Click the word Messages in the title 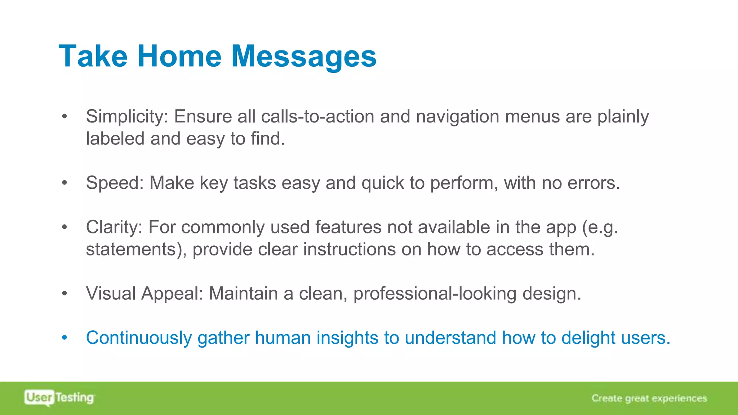(303, 56)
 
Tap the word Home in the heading (179, 56)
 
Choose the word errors (594, 183)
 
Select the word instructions (349, 249)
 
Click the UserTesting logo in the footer (59, 398)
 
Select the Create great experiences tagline (649, 398)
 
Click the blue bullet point (65, 338)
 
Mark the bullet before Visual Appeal (65, 293)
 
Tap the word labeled (115, 139)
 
